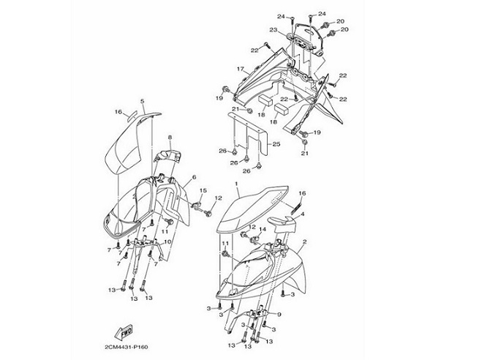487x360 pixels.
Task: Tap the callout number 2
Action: click(304, 241)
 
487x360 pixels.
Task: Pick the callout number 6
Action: click(195, 178)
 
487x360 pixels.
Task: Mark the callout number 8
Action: click(168, 137)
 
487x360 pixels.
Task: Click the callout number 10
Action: click(167, 242)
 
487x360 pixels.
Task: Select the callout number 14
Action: click(263, 229)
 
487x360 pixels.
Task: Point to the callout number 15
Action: click(203, 192)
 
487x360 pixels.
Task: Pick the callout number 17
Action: click(239, 69)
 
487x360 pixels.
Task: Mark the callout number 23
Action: click(272, 30)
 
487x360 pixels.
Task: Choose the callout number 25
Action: click(277, 144)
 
